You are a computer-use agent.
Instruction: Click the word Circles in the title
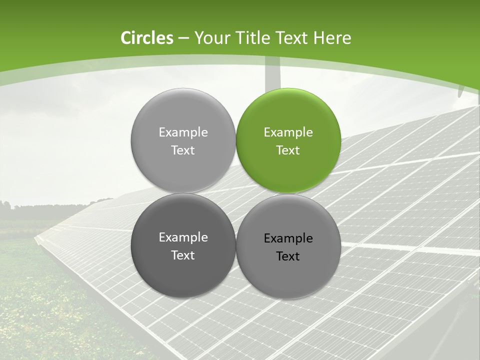[x=146, y=38]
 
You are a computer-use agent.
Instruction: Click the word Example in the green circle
[x=288, y=132]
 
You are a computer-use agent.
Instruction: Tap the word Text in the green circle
[x=288, y=150]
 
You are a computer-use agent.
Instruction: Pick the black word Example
[x=288, y=238]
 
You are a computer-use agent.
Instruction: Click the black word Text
[x=288, y=256]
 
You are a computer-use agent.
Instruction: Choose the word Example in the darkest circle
[x=183, y=237]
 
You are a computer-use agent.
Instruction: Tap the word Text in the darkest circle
[x=183, y=255]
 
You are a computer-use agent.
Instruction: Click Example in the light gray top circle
[x=183, y=132]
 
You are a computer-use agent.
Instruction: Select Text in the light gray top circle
[x=183, y=150]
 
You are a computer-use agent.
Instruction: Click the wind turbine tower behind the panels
[x=272, y=75]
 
